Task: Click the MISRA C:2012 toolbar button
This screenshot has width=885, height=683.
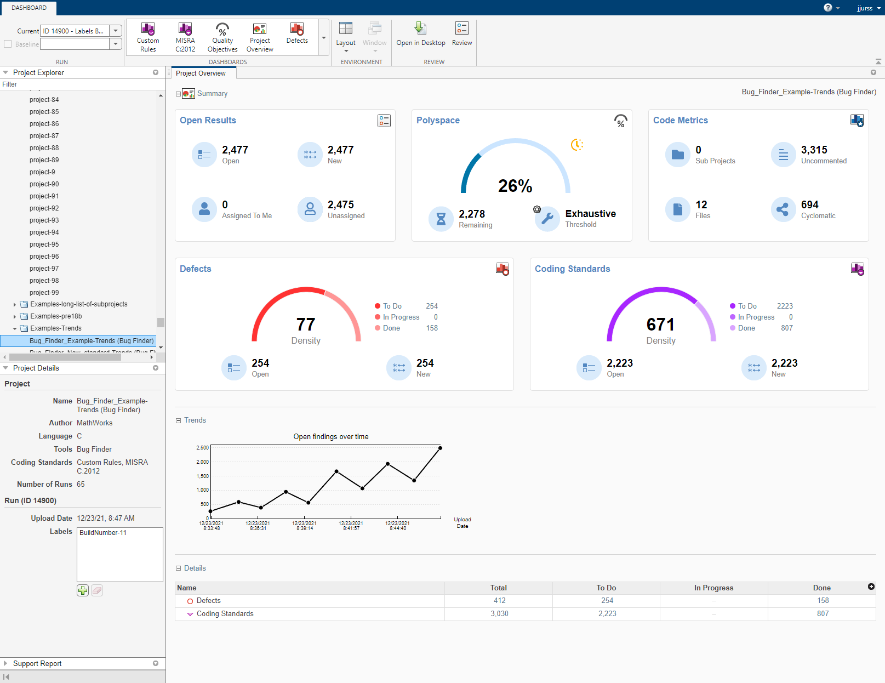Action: click(x=185, y=37)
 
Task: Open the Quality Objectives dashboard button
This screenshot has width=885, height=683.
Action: click(x=222, y=37)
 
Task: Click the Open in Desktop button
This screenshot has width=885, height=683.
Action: click(x=420, y=34)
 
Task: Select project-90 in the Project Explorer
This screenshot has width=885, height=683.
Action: click(x=44, y=184)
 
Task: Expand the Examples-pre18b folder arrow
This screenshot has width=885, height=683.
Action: click(x=15, y=316)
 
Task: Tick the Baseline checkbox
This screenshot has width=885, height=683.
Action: click(x=8, y=44)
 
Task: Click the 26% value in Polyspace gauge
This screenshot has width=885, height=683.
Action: click(x=515, y=186)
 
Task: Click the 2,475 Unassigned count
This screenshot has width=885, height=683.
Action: click(x=340, y=204)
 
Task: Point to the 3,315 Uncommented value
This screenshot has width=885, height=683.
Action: click(x=814, y=150)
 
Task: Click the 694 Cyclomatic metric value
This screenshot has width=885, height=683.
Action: click(x=809, y=204)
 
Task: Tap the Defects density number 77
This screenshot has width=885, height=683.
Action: click(x=306, y=325)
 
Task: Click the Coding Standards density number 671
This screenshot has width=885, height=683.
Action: click(x=660, y=325)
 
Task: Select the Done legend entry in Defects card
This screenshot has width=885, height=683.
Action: click(x=391, y=328)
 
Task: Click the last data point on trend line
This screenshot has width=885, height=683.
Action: click(x=440, y=448)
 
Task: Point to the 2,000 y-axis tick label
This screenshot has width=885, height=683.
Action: click(x=202, y=462)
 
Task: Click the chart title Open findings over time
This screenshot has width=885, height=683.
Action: click(x=330, y=436)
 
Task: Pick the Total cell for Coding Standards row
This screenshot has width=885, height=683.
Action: click(x=499, y=614)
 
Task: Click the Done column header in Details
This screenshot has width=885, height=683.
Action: click(x=821, y=588)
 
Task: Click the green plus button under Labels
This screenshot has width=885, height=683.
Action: click(x=82, y=590)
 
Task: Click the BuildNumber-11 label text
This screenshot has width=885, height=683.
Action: click(x=103, y=533)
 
